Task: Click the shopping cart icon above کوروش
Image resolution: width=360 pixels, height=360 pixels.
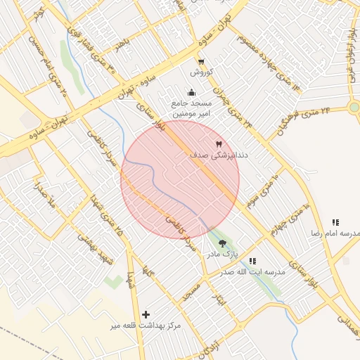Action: pyautogui.click(x=202, y=62)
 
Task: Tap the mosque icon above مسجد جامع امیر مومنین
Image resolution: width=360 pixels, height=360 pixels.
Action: pyautogui.click(x=191, y=92)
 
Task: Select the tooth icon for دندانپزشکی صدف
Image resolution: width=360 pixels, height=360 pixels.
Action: pyautogui.click(x=209, y=143)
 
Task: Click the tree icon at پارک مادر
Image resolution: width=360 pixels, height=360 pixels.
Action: pyautogui.click(x=223, y=243)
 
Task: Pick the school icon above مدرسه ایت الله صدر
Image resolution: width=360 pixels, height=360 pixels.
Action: pyautogui.click(x=253, y=261)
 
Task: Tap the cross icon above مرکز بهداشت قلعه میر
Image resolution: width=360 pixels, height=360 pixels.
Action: pyautogui.click(x=146, y=314)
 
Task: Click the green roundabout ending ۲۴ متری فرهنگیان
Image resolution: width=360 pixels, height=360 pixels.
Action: pyautogui.click(x=354, y=107)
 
